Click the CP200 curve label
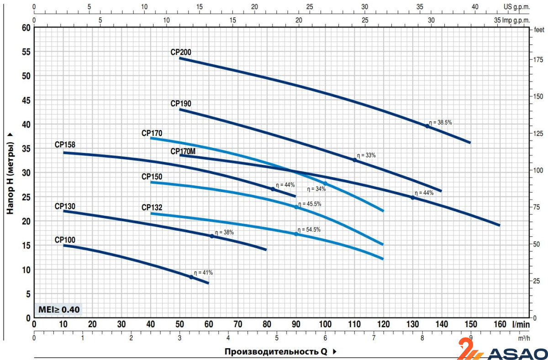(181, 52)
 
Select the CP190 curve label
(181, 104)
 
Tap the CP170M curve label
(183, 151)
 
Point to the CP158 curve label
(65, 145)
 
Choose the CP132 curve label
(152, 208)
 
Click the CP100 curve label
(65, 240)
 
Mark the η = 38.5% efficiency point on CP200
(427, 126)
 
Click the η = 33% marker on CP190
(354, 160)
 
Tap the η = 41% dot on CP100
(191, 277)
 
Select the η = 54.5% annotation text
(309, 230)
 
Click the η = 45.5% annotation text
(310, 204)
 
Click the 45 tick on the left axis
(26, 100)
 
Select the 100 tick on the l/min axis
(325, 324)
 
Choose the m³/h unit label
(525, 338)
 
